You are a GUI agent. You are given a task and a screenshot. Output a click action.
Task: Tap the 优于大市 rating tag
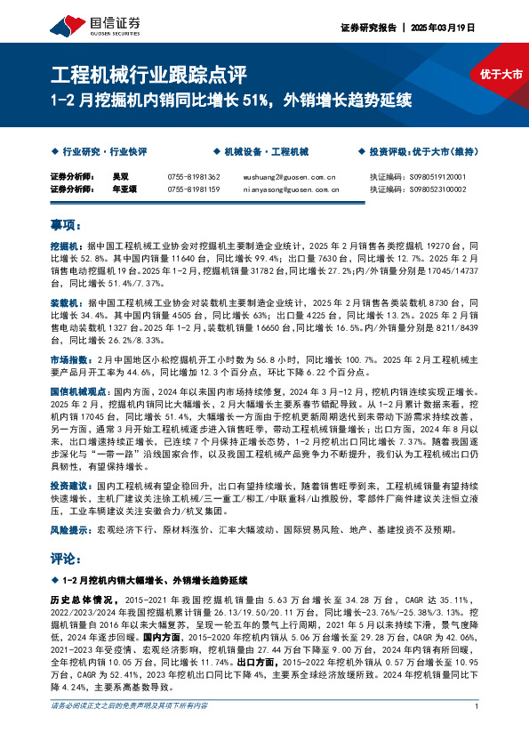point(500,76)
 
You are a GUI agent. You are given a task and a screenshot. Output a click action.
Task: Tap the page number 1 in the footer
point(477,730)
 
